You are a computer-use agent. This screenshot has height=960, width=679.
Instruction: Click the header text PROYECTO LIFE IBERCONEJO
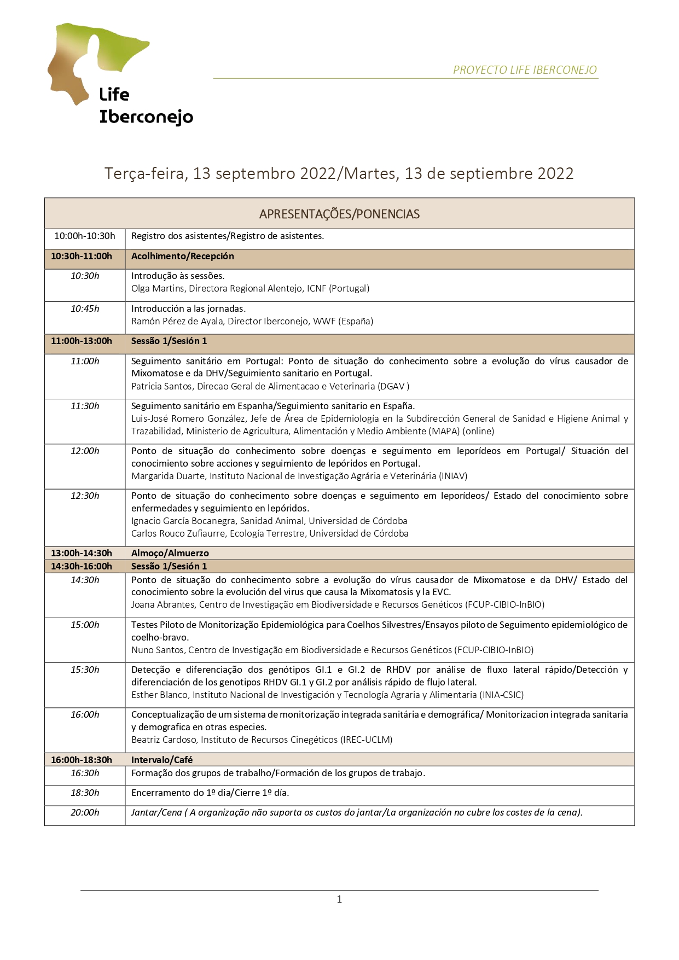tap(525, 70)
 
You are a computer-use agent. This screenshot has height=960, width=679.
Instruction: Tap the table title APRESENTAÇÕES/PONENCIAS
tap(339, 214)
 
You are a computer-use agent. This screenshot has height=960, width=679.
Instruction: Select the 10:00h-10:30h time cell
tap(85, 236)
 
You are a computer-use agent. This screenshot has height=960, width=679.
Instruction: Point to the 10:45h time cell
tap(85, 309)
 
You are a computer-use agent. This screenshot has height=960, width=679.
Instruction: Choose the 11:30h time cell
tap(85, 406)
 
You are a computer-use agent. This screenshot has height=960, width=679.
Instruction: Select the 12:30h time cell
tap(85, 496)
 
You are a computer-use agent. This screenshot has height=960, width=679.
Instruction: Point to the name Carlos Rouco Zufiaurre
tap(178, 533)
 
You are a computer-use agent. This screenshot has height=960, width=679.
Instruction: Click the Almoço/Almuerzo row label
tap(170, 553)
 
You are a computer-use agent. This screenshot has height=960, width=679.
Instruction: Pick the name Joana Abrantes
tap(163, 604)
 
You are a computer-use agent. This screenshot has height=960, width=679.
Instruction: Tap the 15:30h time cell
tap(85, 670)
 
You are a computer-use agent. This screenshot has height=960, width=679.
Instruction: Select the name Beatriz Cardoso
tap(164, 740)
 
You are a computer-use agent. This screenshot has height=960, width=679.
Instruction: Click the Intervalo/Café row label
tap(162, 760)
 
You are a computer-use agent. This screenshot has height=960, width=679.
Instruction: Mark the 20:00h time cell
tap(85, 813)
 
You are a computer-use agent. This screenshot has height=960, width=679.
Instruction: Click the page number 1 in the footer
tap(339, 899)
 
